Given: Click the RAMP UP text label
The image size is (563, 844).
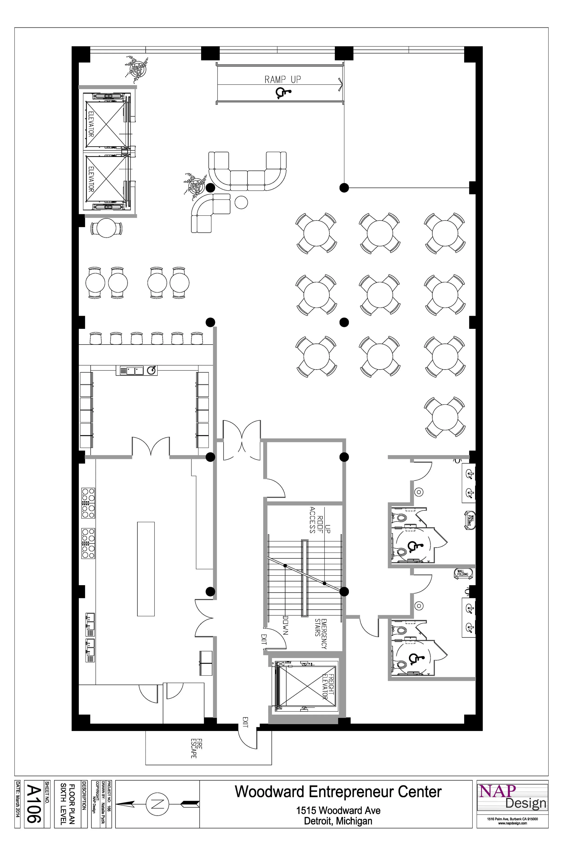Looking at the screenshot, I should click(283, 79).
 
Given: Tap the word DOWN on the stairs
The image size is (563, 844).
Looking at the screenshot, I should click(286, 625).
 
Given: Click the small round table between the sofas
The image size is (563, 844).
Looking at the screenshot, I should click(241, 202).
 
